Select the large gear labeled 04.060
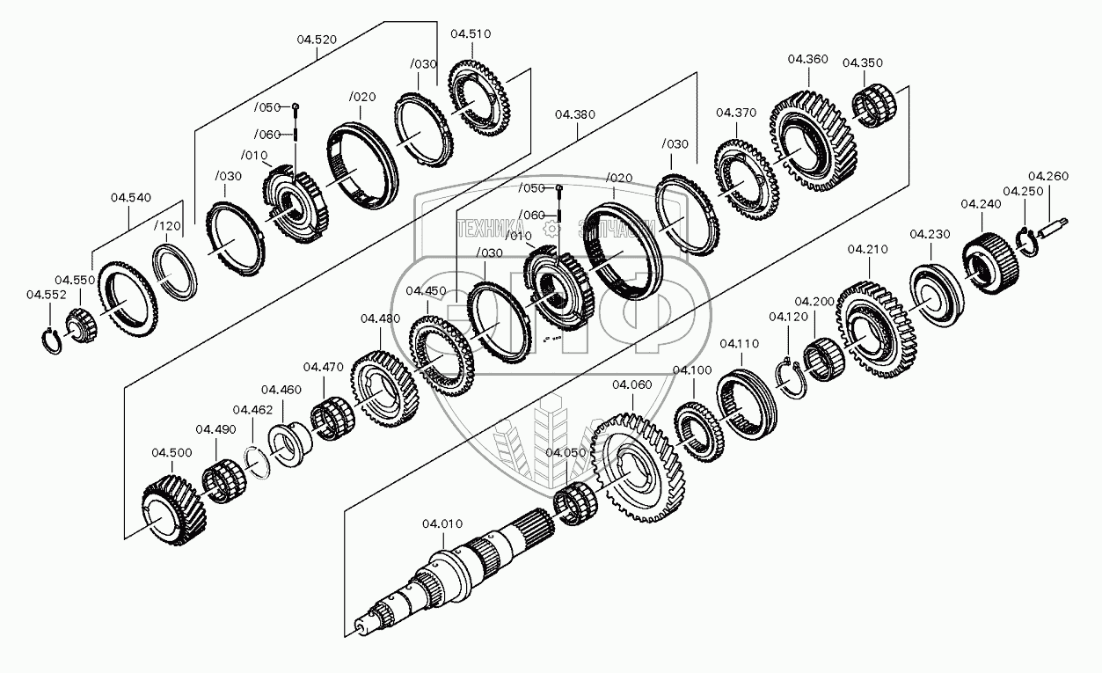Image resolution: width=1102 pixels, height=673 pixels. [638, 462]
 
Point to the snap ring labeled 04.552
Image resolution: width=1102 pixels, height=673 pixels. [54, 339]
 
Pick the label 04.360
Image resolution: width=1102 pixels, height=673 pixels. [807, 59]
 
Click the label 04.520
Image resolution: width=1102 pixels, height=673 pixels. [317, 39]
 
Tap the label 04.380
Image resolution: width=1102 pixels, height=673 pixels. [575, 114]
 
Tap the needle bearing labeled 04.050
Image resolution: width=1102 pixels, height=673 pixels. [576, 505]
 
